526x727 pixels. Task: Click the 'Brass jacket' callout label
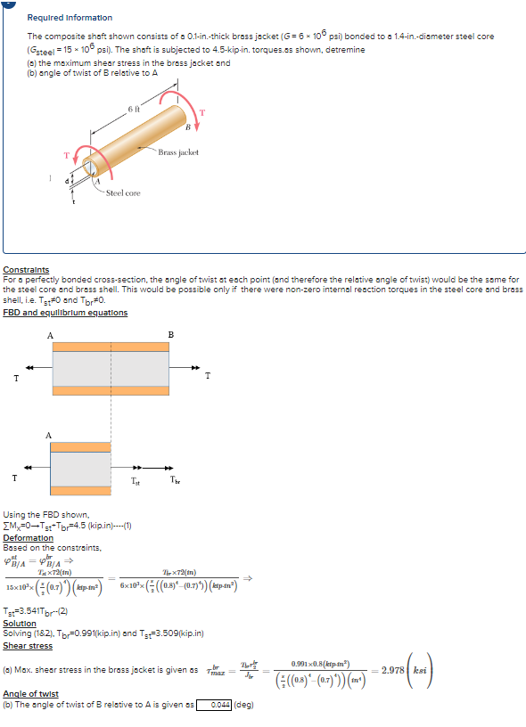point(178,152)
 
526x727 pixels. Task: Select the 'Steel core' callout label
point(123,192)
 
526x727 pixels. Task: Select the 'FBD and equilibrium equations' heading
point(65,313)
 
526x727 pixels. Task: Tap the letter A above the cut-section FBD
point(51,434)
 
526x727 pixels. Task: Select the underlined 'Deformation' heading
point(29,538)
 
